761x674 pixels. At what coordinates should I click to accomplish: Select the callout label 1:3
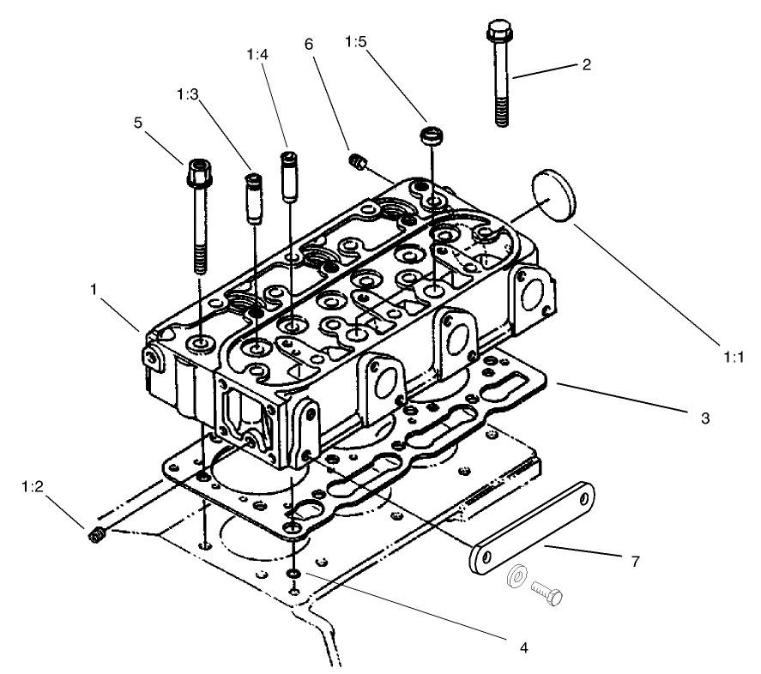190,92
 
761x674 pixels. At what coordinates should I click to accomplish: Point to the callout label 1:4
257,53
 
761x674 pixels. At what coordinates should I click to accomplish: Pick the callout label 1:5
360,40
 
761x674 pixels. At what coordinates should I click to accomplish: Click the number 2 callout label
586,64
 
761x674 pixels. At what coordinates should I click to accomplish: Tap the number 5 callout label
138,122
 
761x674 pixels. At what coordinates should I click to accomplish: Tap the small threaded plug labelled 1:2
96,536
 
